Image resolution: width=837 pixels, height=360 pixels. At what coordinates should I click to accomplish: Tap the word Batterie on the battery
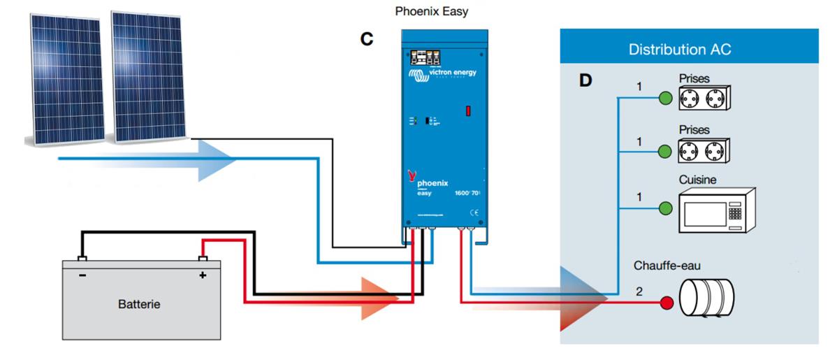point(139,304)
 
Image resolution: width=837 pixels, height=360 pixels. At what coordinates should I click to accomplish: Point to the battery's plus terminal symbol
point(203,275)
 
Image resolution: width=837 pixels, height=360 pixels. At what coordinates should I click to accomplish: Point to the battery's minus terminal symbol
point(82,275)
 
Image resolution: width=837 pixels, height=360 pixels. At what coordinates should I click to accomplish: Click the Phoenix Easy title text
point(432,11)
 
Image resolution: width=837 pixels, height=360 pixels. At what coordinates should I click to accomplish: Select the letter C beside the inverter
point(367,40)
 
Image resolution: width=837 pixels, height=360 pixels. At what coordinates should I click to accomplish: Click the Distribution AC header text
point(679,50)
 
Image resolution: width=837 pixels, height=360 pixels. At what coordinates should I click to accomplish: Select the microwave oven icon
point(718,210)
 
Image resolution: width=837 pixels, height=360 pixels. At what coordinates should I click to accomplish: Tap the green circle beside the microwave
point(666,208)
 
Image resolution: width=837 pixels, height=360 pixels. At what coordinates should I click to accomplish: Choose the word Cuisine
point(697,180)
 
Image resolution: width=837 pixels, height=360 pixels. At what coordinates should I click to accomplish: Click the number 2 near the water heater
point(638,291)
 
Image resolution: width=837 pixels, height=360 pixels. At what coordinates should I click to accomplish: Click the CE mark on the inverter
point(473,212)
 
